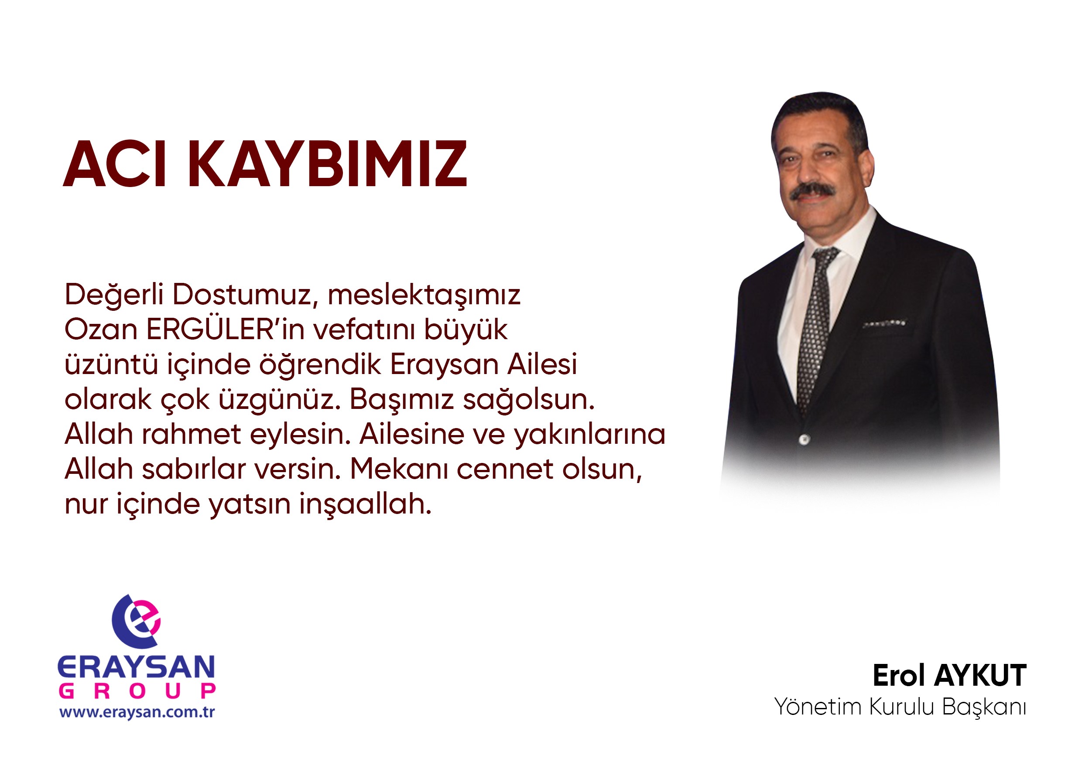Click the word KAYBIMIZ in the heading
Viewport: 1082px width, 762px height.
coord(328,164)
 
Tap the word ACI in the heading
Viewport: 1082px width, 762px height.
coord(115,164)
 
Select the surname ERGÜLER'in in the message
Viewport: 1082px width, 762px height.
coord(226,329)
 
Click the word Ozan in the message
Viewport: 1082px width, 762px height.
coord(101,329)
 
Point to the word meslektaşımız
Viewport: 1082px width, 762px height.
coord(424,295)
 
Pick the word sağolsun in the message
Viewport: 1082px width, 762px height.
coord(528,399)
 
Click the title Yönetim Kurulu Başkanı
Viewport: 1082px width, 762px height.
coord(900,707)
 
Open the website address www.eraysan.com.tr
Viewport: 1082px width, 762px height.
coord(137,711)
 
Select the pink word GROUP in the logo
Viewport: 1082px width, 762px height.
coord(137,691)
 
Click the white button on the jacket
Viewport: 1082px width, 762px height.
coord(804,440)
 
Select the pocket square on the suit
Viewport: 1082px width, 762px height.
coord(884,323)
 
